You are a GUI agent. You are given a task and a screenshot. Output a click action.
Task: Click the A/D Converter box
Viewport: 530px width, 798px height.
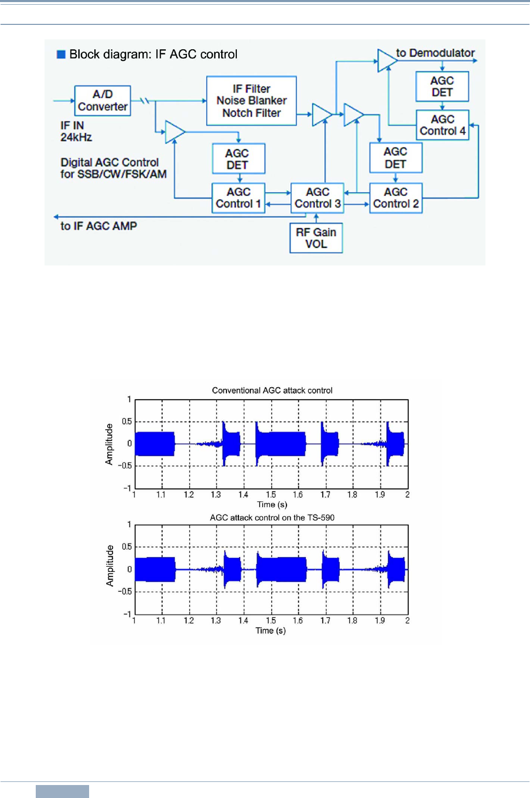click(103, 101)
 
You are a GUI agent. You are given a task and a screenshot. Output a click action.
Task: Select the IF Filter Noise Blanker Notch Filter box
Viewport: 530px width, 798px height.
click(251, 101)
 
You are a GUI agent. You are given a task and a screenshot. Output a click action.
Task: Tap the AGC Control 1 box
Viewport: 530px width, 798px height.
click(238, 198)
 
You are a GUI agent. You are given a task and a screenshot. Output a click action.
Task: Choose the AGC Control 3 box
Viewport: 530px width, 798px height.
click(317, 198)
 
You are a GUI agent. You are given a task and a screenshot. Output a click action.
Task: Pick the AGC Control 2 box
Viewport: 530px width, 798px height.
click(396, 198)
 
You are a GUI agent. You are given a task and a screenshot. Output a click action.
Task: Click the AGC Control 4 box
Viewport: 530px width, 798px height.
click(442, 125)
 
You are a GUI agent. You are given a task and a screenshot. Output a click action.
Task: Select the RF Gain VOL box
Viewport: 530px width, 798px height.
click(316, 238)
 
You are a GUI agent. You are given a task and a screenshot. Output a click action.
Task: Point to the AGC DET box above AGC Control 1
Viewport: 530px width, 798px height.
click(238, 159)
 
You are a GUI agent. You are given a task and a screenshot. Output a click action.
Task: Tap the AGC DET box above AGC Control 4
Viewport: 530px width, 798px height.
click(442, 87)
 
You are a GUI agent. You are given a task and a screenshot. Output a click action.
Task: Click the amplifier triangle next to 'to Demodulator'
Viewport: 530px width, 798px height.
click(386, 60)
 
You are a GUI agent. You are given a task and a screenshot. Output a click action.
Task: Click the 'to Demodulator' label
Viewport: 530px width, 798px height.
click(435, 53)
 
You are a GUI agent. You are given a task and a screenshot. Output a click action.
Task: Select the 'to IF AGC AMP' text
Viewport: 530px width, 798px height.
click(98, 226)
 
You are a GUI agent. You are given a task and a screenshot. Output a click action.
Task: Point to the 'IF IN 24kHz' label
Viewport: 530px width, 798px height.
click(76, 132)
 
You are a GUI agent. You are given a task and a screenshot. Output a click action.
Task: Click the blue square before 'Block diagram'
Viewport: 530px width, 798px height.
click(61, 54)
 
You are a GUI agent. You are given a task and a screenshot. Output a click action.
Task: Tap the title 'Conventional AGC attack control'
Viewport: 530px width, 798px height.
click(272, 390)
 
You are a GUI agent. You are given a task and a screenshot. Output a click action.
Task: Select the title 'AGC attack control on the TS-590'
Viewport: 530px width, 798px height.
click(272, 517)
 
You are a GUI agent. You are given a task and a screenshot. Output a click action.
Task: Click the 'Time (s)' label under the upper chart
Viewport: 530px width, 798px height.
click(272, 505)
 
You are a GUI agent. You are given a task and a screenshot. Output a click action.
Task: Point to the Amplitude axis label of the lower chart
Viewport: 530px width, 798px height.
click(110, 565)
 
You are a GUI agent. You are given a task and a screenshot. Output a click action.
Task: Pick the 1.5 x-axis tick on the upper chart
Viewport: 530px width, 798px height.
click(271, 495)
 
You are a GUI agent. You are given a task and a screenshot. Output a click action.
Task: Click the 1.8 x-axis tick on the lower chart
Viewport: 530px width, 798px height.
click(352, 621)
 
